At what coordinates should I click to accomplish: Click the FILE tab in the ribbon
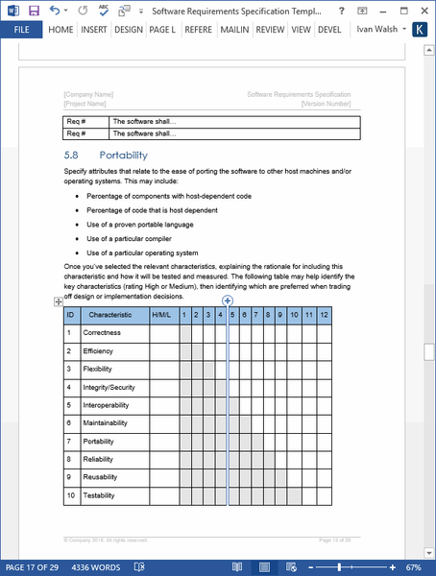tap(21, 30)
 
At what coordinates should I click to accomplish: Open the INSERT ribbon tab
tap(94, 30)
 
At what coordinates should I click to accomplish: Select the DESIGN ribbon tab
tap(128, 30)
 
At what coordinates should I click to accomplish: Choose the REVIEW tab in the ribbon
tap(270, 30)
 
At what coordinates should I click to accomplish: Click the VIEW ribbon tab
tap(301, 30)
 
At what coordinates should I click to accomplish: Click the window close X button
tap(421, 10)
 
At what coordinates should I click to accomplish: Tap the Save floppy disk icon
tap(34, 10)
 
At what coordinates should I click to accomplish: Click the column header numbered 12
tap(324, 315)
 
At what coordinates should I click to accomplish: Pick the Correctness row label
tap(103, 333)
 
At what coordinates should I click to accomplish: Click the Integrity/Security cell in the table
tap(109, 387)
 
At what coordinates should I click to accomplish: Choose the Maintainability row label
tap(106, 423)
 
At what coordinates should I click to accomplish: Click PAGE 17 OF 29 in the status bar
tap(34, 567)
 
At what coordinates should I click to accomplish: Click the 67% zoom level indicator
tap(419, 567)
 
